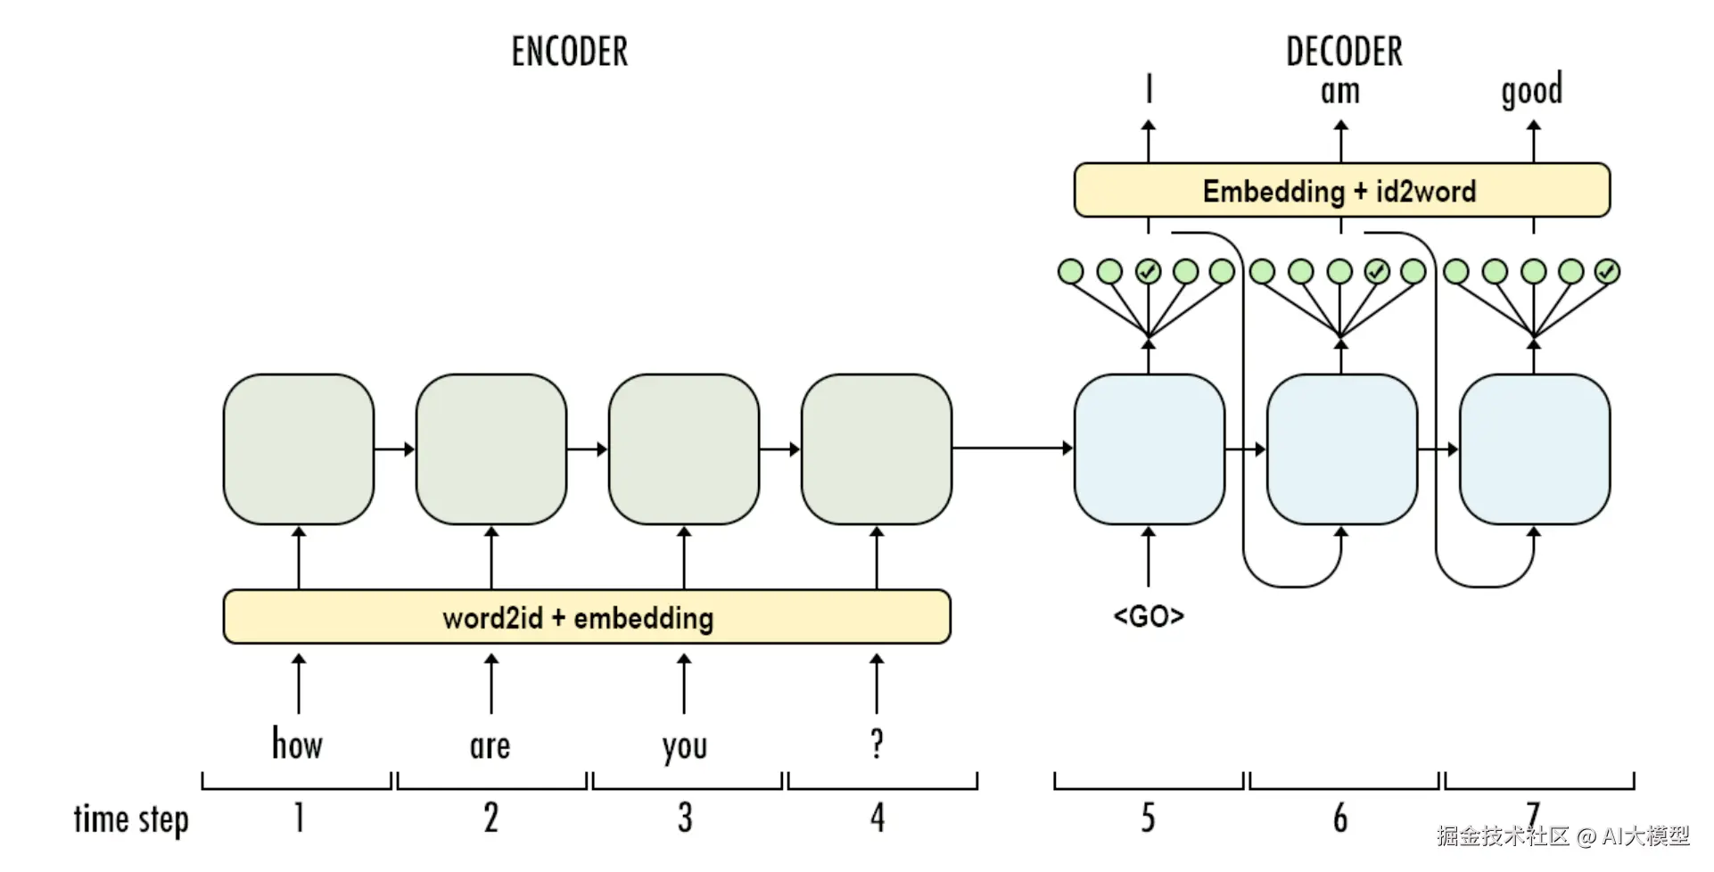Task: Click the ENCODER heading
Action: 570,52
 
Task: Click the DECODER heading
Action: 1344,52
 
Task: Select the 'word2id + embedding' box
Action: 587,616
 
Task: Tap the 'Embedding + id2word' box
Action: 1342,190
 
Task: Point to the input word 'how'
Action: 297,743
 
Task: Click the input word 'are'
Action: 490,746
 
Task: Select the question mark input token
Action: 878,743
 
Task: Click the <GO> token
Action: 1149,616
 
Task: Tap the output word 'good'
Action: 1532,91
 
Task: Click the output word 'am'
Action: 1340,92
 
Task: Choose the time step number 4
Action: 878,818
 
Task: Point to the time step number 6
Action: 1340,818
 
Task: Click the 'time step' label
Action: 131,819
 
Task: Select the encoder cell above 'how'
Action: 299,448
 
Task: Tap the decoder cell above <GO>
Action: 1150,448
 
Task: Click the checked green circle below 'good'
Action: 1607,271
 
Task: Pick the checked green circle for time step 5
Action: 1149,271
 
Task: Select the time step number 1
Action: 299,818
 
